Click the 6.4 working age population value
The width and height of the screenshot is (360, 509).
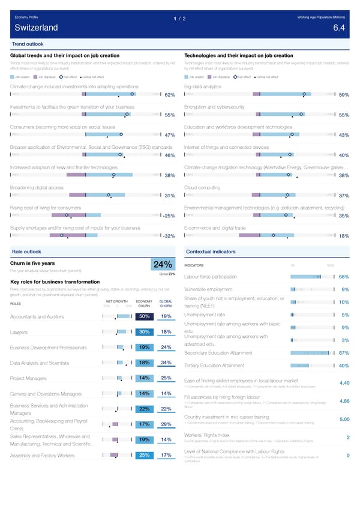click(338, 28)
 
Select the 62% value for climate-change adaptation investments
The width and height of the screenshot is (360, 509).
click(169, 95)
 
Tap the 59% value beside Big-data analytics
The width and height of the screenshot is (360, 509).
click(344, 95)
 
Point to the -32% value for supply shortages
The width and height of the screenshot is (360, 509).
click(168, 236)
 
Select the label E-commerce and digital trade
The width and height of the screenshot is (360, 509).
click(215, 227)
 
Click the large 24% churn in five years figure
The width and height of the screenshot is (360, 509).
click(163, 265)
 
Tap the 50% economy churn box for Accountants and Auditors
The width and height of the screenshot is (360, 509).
click(144, 316)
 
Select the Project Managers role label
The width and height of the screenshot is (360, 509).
click(28, 378)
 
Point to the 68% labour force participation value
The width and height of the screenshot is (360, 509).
click(344, 277)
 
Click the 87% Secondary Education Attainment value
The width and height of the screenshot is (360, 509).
click(344, 353)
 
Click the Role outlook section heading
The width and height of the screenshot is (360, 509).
click(26, 251)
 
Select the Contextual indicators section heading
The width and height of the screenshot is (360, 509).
click(210, 251)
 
